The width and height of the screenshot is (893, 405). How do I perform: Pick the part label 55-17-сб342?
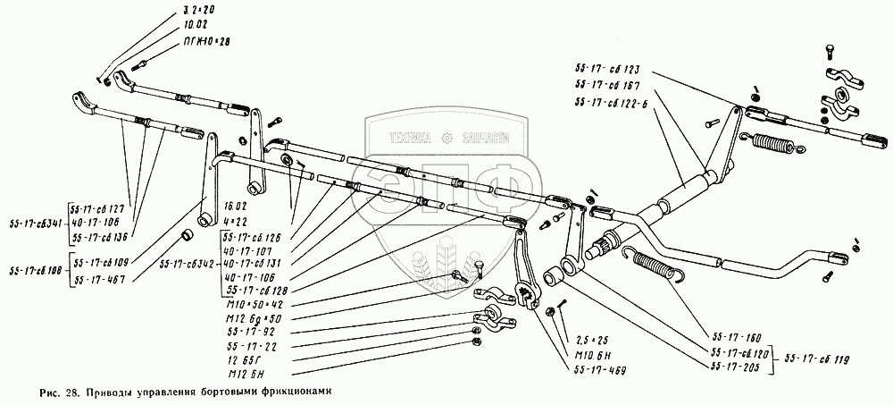184,264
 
